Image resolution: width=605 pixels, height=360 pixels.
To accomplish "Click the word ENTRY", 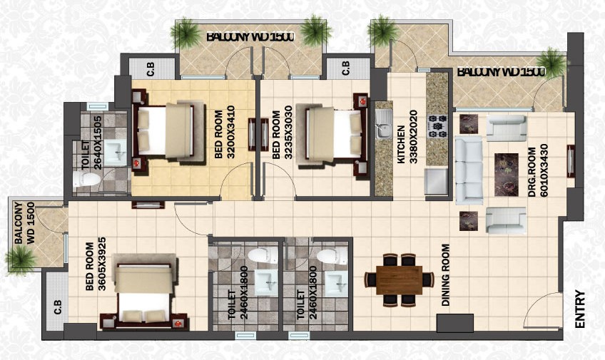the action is pyautogui.click(x=580, y=309).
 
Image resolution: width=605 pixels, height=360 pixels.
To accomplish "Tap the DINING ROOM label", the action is pyautogui.click(x=446, y=275).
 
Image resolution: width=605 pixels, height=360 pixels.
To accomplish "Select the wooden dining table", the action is pyautogui.click(x=400, y=280).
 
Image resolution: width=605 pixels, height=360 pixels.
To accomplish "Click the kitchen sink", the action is pyautogui.click(x=384, y=123).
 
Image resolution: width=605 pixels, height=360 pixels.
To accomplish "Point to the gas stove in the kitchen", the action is pyautogui.click(x=437, y=126).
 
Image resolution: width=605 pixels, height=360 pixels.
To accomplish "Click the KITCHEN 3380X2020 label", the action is pyautogui.click(x=407, y=137).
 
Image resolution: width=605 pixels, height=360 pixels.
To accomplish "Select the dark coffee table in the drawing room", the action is pyautogui.click(x=507, y=175).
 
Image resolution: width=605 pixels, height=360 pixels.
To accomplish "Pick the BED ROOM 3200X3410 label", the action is pyautogui.click(x=225, y=134).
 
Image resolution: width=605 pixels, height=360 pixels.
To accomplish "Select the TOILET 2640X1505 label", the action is pyautogui.click(x=92, y=143).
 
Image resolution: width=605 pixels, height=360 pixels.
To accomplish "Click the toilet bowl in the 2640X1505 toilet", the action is pyautogui.click(x=86, y=179).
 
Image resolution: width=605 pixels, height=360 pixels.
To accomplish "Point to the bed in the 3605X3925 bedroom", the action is pyautogui.click(x=143, y=292).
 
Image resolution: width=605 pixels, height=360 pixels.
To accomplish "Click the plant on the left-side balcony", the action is pyautogui.click(x=21, y=259).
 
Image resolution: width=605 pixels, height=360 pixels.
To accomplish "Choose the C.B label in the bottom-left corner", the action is pyautogui.click(x=58, y=307).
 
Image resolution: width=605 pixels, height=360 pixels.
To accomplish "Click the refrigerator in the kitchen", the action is pyautogui.click(x=436, y=181).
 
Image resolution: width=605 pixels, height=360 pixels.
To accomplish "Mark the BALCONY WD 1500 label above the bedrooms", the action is pyautogui.click(x=250, y=37).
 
